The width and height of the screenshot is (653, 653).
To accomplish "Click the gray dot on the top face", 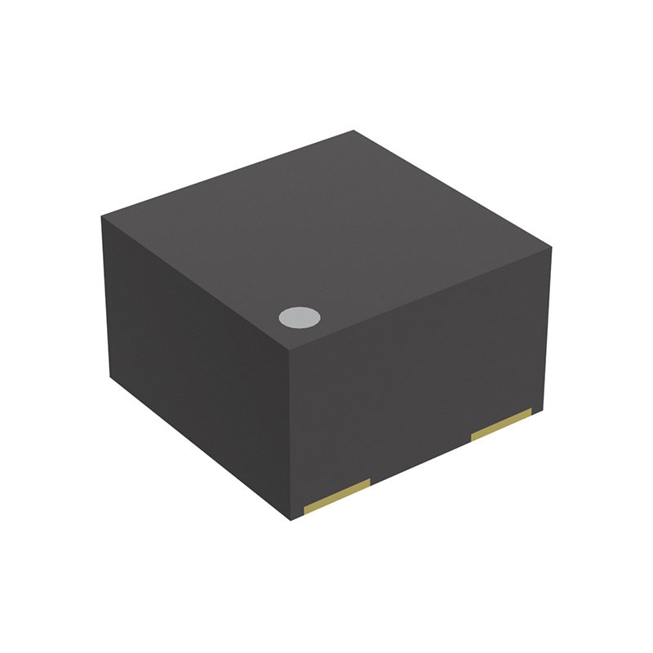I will coord(298,318).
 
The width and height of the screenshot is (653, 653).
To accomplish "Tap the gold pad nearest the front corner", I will coord(337,496).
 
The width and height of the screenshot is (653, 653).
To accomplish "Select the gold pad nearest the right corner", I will coord(501,424).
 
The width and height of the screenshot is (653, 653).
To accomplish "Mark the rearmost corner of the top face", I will coord(353,131).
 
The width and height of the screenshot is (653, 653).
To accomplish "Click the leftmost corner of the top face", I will coord(102,216).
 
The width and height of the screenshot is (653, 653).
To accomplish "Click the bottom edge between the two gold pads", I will coord(420,461).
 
